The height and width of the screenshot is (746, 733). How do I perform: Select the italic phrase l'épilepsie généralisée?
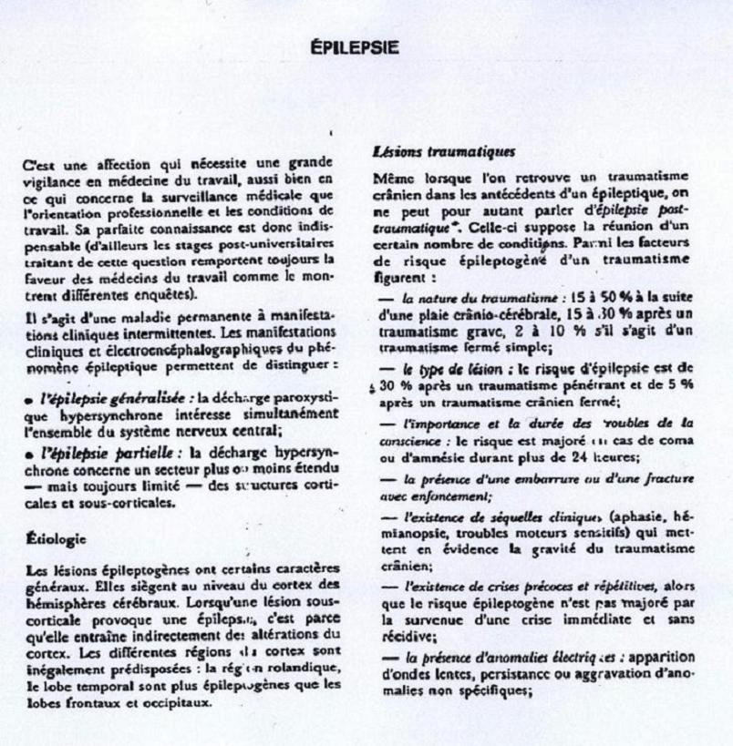[x=94, y=397]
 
